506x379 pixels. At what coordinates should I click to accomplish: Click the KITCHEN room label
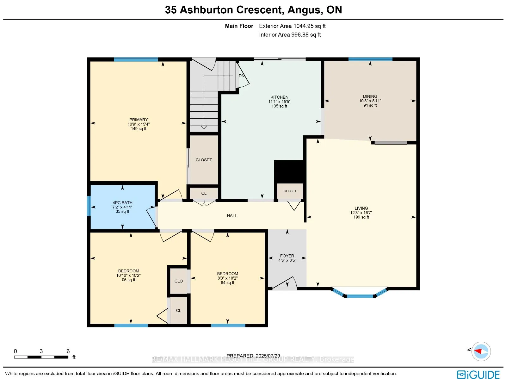pyautogui.click(x=279, y=97)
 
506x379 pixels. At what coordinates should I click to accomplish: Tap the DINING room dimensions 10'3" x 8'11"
pyautogui.click(x=370, y=101)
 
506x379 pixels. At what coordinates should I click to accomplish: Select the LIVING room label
pyautogui.click(x=361, y=208)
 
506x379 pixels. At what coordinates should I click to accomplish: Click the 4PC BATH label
pyautogui.click(x=122, y=203)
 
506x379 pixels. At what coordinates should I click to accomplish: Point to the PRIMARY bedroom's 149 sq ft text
pyautogui.click(x=139, y=129)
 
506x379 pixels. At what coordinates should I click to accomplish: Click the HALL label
pyautogui.click(x=232, y=216)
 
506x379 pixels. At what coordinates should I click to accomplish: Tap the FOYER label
pyautogui.click(x=287, y=256)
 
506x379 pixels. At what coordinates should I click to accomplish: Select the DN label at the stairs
pyautogui.click(x=242, y=76)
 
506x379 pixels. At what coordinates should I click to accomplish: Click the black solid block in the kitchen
pyautogui.click(x=288, y=171)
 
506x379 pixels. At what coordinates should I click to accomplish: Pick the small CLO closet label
pyautogui.click(x=179, y=281)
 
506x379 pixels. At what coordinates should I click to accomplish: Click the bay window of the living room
pyautogui.click(x=360, y=296)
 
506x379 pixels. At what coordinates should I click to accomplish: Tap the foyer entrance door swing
pyautogui.click(x=286, y=283)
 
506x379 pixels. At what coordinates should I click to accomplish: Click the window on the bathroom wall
pyautogui.click(x=89, y=206)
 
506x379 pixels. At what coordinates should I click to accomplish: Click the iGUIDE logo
pyautogui.click(x=478, y=375)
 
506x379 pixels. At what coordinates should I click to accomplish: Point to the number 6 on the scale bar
pyautogui.click(x=68, y=351)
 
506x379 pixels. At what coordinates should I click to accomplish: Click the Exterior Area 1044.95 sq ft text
pyautogui.click(x=292, y=26)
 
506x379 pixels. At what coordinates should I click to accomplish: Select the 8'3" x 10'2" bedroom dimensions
pyautogui.click(x=227, y=278)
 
